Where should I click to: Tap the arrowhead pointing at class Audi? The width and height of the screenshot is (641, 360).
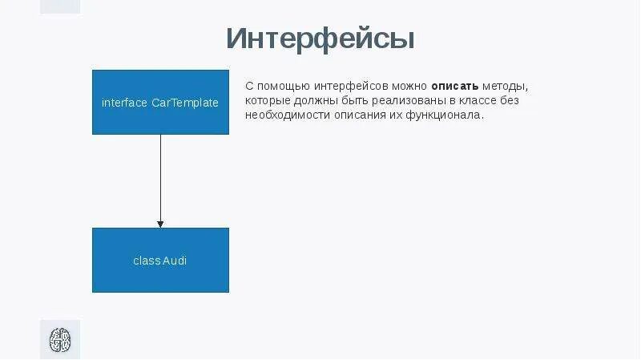pos(160,224)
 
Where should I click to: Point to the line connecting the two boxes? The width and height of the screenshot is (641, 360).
pos(160,176)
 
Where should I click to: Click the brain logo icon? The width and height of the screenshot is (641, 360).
pos(60,339)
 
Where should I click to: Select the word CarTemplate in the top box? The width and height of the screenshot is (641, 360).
pos(185,103)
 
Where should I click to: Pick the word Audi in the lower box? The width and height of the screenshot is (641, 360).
pos(174,261)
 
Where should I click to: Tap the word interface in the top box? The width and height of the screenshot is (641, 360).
pos(125,103)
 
